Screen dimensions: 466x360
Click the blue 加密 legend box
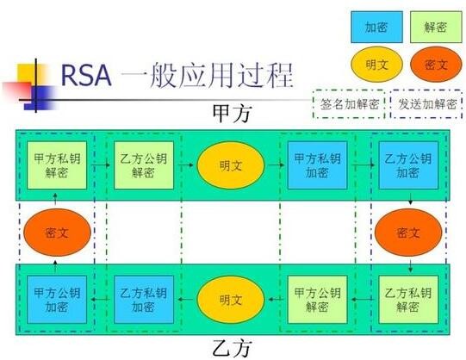click(376, 27)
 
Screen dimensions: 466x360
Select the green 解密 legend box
click(436, 27)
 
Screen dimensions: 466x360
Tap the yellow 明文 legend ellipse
click(376, 64)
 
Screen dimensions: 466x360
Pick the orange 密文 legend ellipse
click(436, 64)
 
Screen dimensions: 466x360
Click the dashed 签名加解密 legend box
click(349, 104)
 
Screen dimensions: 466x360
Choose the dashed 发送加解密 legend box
click(426, 104)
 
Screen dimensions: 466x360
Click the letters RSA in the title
click(86, 76)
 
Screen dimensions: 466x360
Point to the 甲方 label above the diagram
click(232, 114)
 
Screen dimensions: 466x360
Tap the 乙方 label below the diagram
click(232, 348)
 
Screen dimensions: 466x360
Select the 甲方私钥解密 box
click(57, 165)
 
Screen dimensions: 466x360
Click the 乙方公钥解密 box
click(144, 165)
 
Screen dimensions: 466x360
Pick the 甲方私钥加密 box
click(317, 165)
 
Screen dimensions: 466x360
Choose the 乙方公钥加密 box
click(408, 165)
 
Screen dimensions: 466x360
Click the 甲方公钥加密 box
click(57, 300)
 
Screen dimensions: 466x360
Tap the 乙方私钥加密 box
click(144, 300)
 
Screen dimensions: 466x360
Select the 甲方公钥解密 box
click(317, 300)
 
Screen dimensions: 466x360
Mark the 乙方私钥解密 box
click(408, 300)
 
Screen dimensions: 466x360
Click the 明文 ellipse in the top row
click(231, 165)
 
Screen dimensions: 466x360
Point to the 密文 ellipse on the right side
click(408, 233)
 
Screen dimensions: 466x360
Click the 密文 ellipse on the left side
click(57, 233)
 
